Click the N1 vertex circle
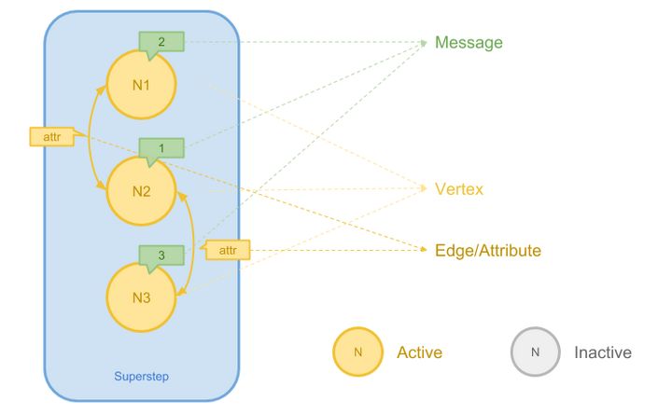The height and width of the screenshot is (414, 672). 141,85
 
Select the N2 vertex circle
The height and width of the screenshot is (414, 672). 141,192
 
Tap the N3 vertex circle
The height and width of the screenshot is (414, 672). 141,298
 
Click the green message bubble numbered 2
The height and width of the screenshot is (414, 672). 161,42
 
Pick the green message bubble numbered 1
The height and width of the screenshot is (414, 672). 161,148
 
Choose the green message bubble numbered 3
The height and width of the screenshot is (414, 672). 161,255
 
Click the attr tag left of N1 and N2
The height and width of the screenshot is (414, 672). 49,136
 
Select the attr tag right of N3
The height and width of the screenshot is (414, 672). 227,250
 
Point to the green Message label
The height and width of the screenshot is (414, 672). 469,43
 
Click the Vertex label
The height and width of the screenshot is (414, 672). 459,189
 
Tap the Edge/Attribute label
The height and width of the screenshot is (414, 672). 488,250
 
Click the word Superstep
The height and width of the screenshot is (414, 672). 142,377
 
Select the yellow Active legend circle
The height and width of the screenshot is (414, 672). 357,352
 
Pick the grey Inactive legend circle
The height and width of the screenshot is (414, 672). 535,352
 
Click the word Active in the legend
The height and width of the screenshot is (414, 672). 419,352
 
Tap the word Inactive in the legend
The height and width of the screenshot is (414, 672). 602,352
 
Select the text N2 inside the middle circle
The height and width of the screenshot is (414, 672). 141,192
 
